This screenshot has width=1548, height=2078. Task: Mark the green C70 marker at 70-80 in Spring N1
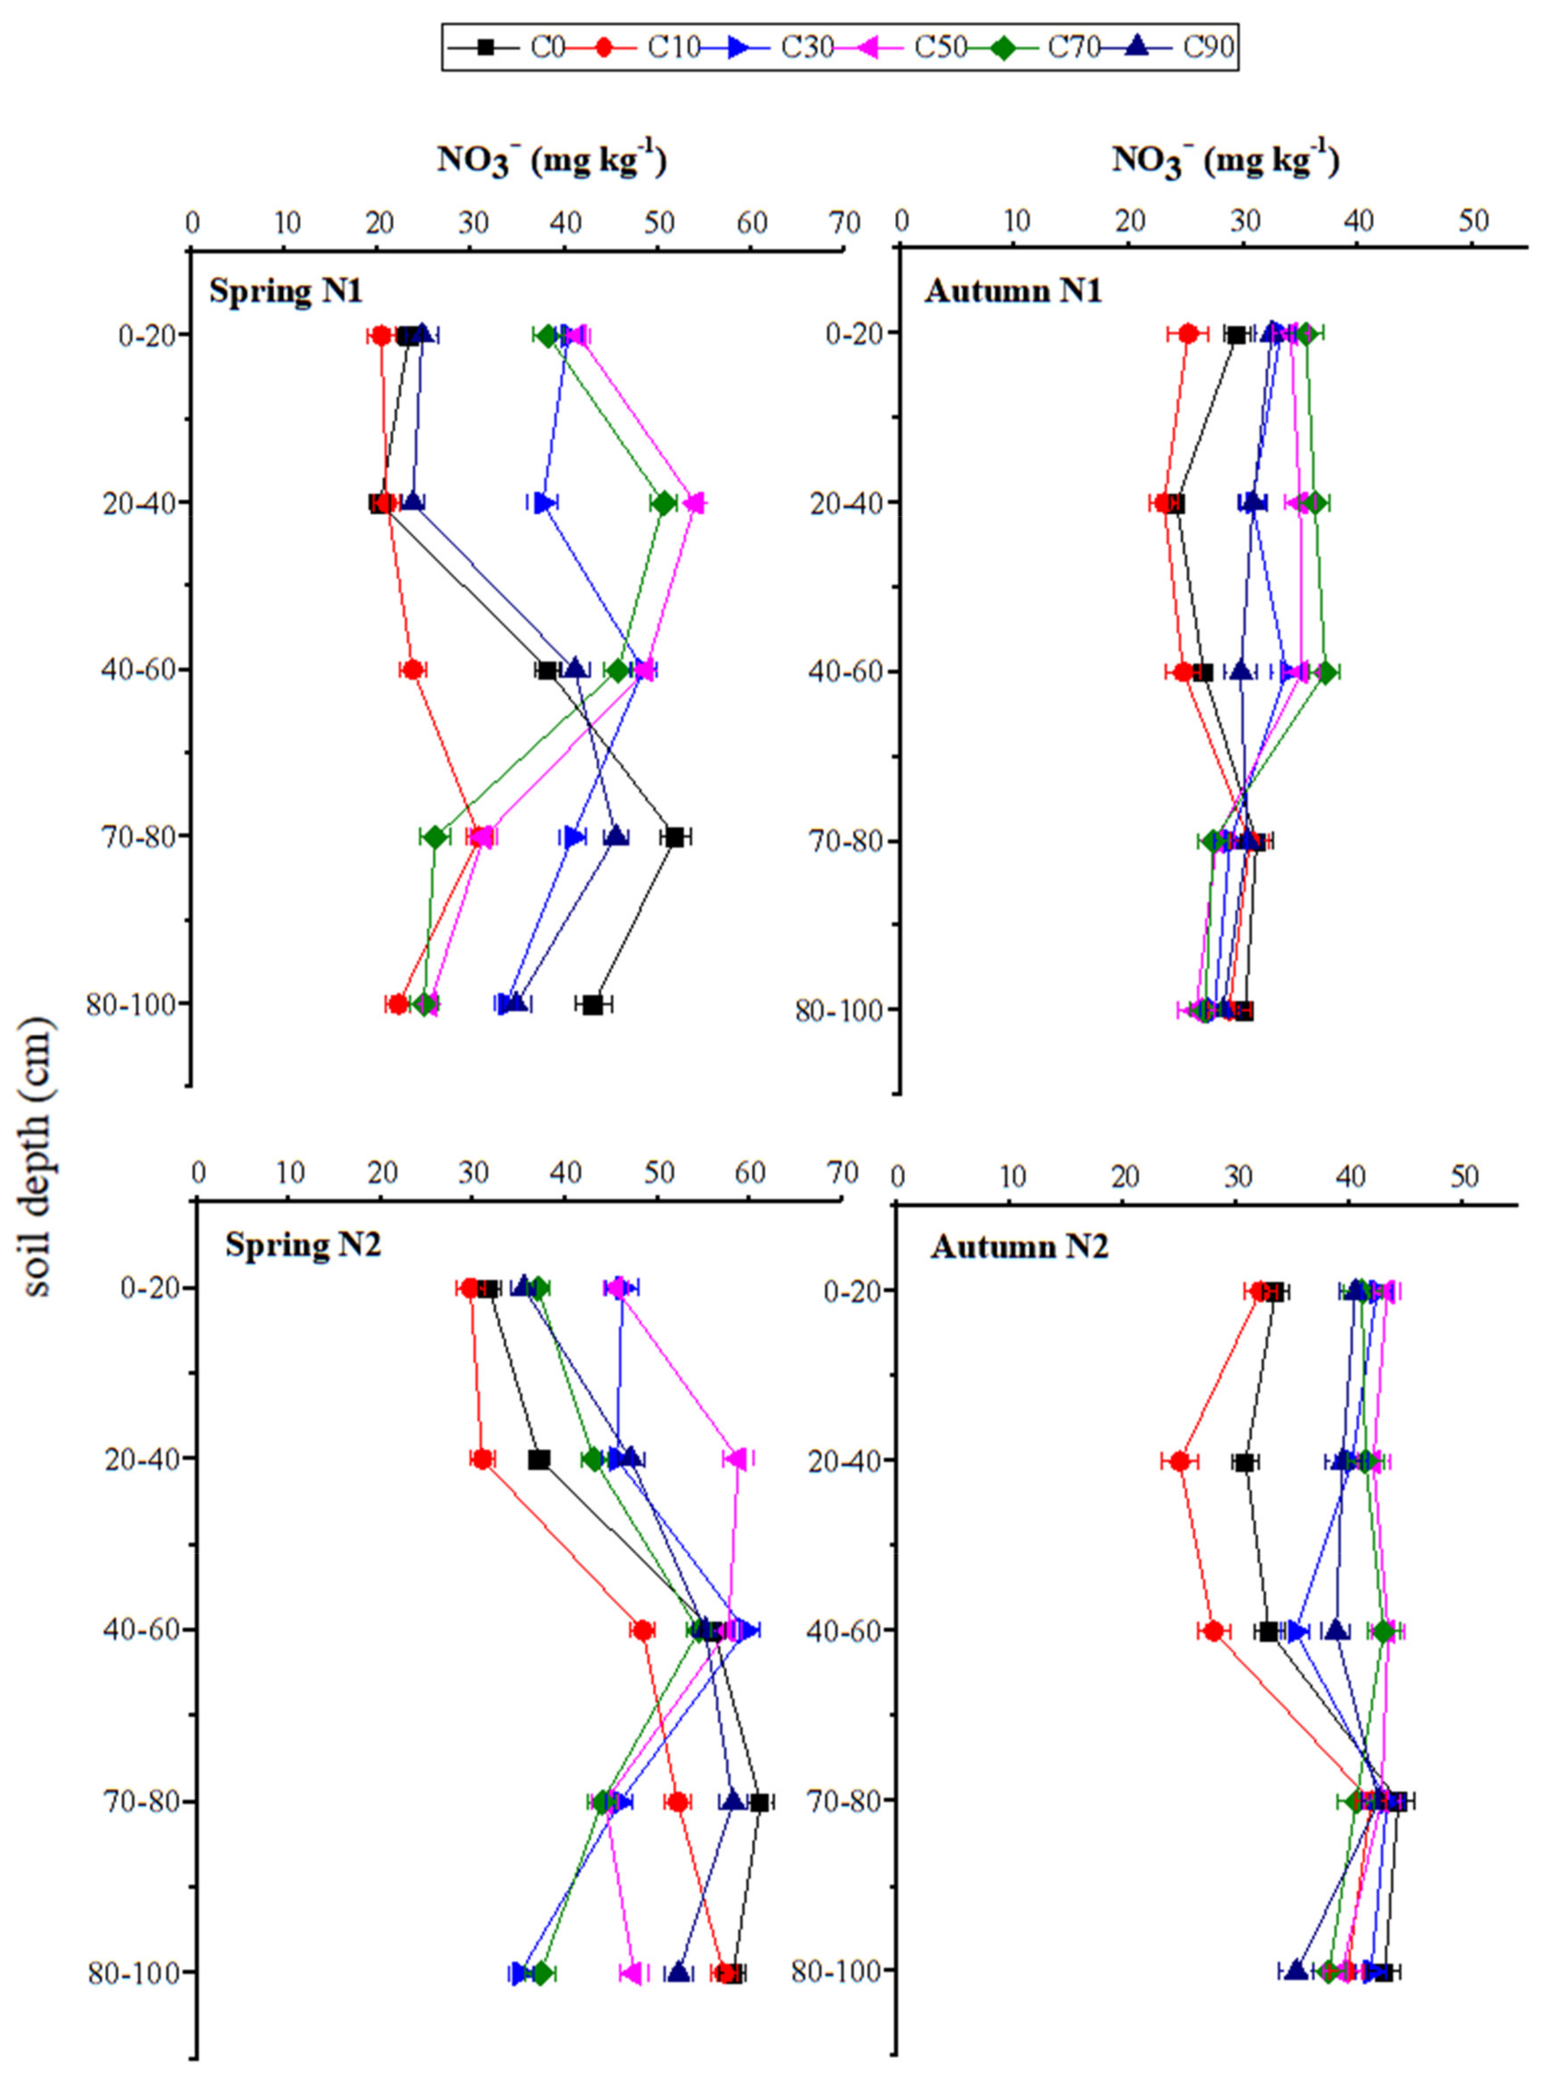(435, 837)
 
